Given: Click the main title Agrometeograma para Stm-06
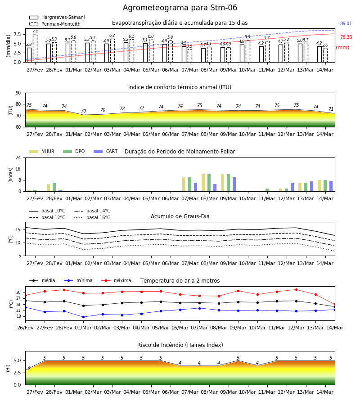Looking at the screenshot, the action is (180, 8).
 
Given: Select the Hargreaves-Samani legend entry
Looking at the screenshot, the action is (57, 17).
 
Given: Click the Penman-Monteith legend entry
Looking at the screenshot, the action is (55, 24).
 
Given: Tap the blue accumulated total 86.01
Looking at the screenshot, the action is (346, 23).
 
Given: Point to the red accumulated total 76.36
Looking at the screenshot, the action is (346, 37).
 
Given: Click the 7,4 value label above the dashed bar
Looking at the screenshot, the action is (35, 31).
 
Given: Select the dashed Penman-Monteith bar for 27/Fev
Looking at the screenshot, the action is (35, 49).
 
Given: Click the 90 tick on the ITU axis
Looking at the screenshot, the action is (18, 93).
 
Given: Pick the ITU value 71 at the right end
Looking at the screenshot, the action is (331, 109).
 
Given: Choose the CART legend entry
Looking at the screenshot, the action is (106, 151).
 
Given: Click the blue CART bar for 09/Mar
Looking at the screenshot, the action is (234, 184).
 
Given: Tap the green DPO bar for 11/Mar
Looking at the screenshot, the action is (267, 190).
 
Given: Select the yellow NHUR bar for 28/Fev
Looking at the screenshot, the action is (48, 188).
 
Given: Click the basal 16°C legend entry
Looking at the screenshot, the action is (92, 217).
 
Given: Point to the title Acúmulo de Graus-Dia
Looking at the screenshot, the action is (180, 216).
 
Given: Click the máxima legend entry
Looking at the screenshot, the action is (117, 280).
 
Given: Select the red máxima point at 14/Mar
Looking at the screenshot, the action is (335, 305).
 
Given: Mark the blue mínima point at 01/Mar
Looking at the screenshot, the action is (83, 317).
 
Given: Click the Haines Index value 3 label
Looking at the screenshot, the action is (29, 368).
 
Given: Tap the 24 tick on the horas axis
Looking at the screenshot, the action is (18, 157).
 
